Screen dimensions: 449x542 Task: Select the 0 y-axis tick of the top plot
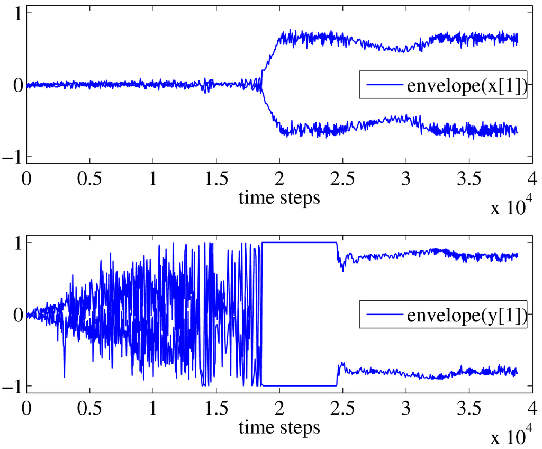16,85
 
